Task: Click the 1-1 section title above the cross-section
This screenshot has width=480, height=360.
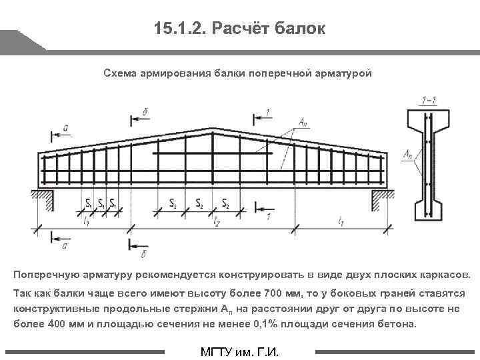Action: pyautogui.click(x=429, y=101)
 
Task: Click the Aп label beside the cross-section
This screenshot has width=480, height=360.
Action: pyautogui.click(x=407, y=154)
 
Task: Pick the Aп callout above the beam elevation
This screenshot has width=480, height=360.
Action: pyautogui.click(x=303, y=122)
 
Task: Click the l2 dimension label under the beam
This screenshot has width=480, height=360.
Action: pyautogui.click(x=216, y=221)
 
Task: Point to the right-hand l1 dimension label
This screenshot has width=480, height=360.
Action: pyautogui.click(x=341, y=219)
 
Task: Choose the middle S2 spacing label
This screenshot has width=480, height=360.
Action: pyautogui.click(x=199, y=203)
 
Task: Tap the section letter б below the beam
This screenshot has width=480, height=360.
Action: pyautogui.click(x=145, y=253)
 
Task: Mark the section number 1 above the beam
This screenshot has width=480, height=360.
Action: pyautogui.click(x=267, y=111)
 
